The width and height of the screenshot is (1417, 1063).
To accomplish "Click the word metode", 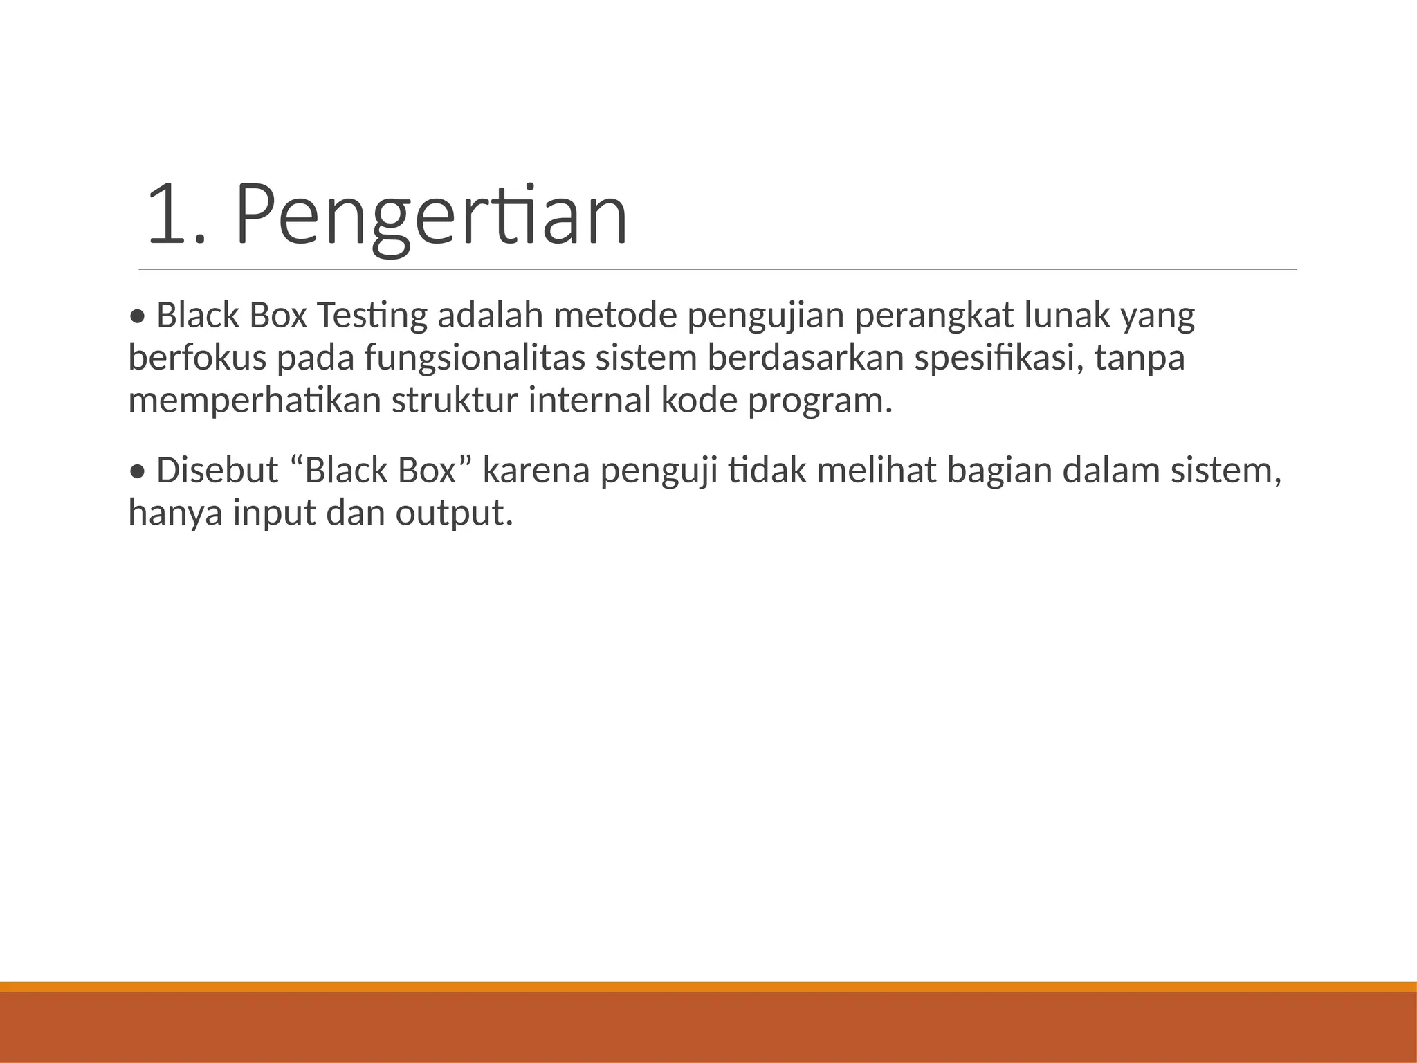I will [614, 316].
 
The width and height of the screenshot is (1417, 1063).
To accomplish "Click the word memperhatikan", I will [255, 401].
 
